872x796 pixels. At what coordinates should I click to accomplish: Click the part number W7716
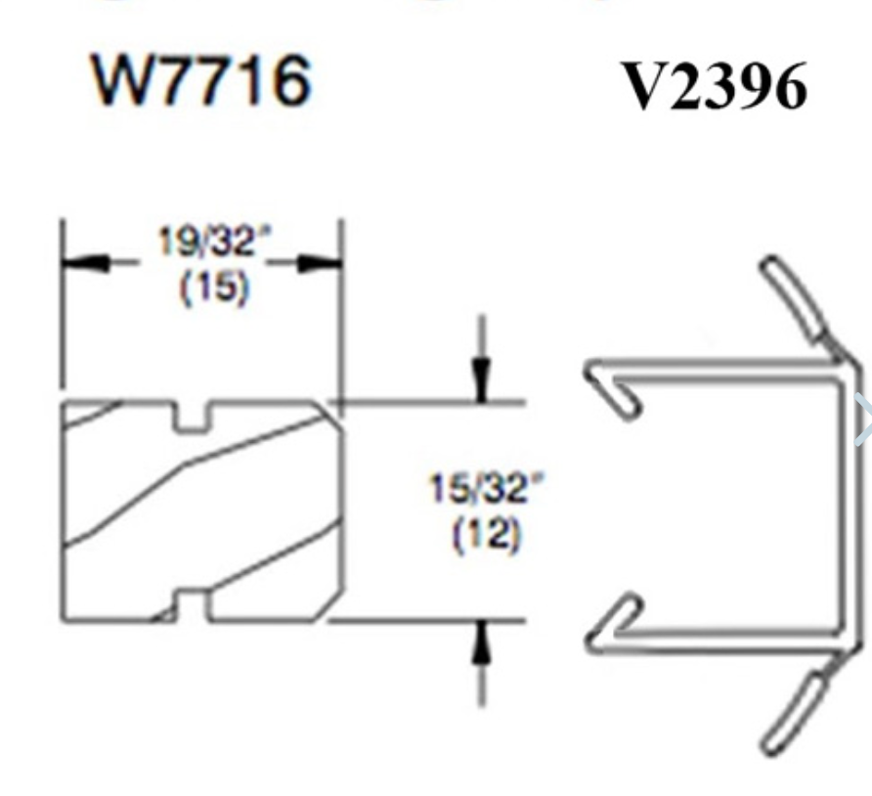point(201,81)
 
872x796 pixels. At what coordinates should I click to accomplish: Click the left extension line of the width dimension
point(63,313)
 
